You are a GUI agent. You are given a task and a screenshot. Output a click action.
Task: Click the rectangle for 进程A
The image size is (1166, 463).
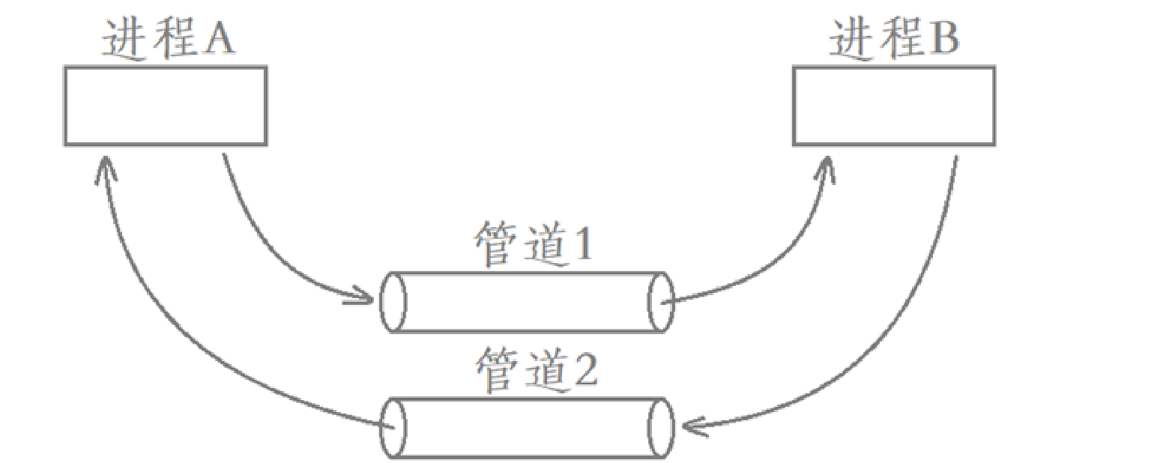(165, 106)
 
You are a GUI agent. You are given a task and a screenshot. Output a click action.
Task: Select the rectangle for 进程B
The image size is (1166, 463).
(894, 106)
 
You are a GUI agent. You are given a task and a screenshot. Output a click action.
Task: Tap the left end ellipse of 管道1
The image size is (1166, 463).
(393, 302)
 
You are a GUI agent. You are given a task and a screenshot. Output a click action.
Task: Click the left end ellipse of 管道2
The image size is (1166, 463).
(393, 428)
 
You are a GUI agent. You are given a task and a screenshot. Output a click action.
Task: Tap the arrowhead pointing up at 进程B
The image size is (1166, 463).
(826, 166)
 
